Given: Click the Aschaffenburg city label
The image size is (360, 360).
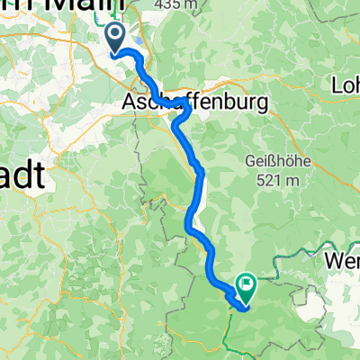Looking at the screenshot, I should [194, 104].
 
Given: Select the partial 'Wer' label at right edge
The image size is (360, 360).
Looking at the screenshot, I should [343, 255].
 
